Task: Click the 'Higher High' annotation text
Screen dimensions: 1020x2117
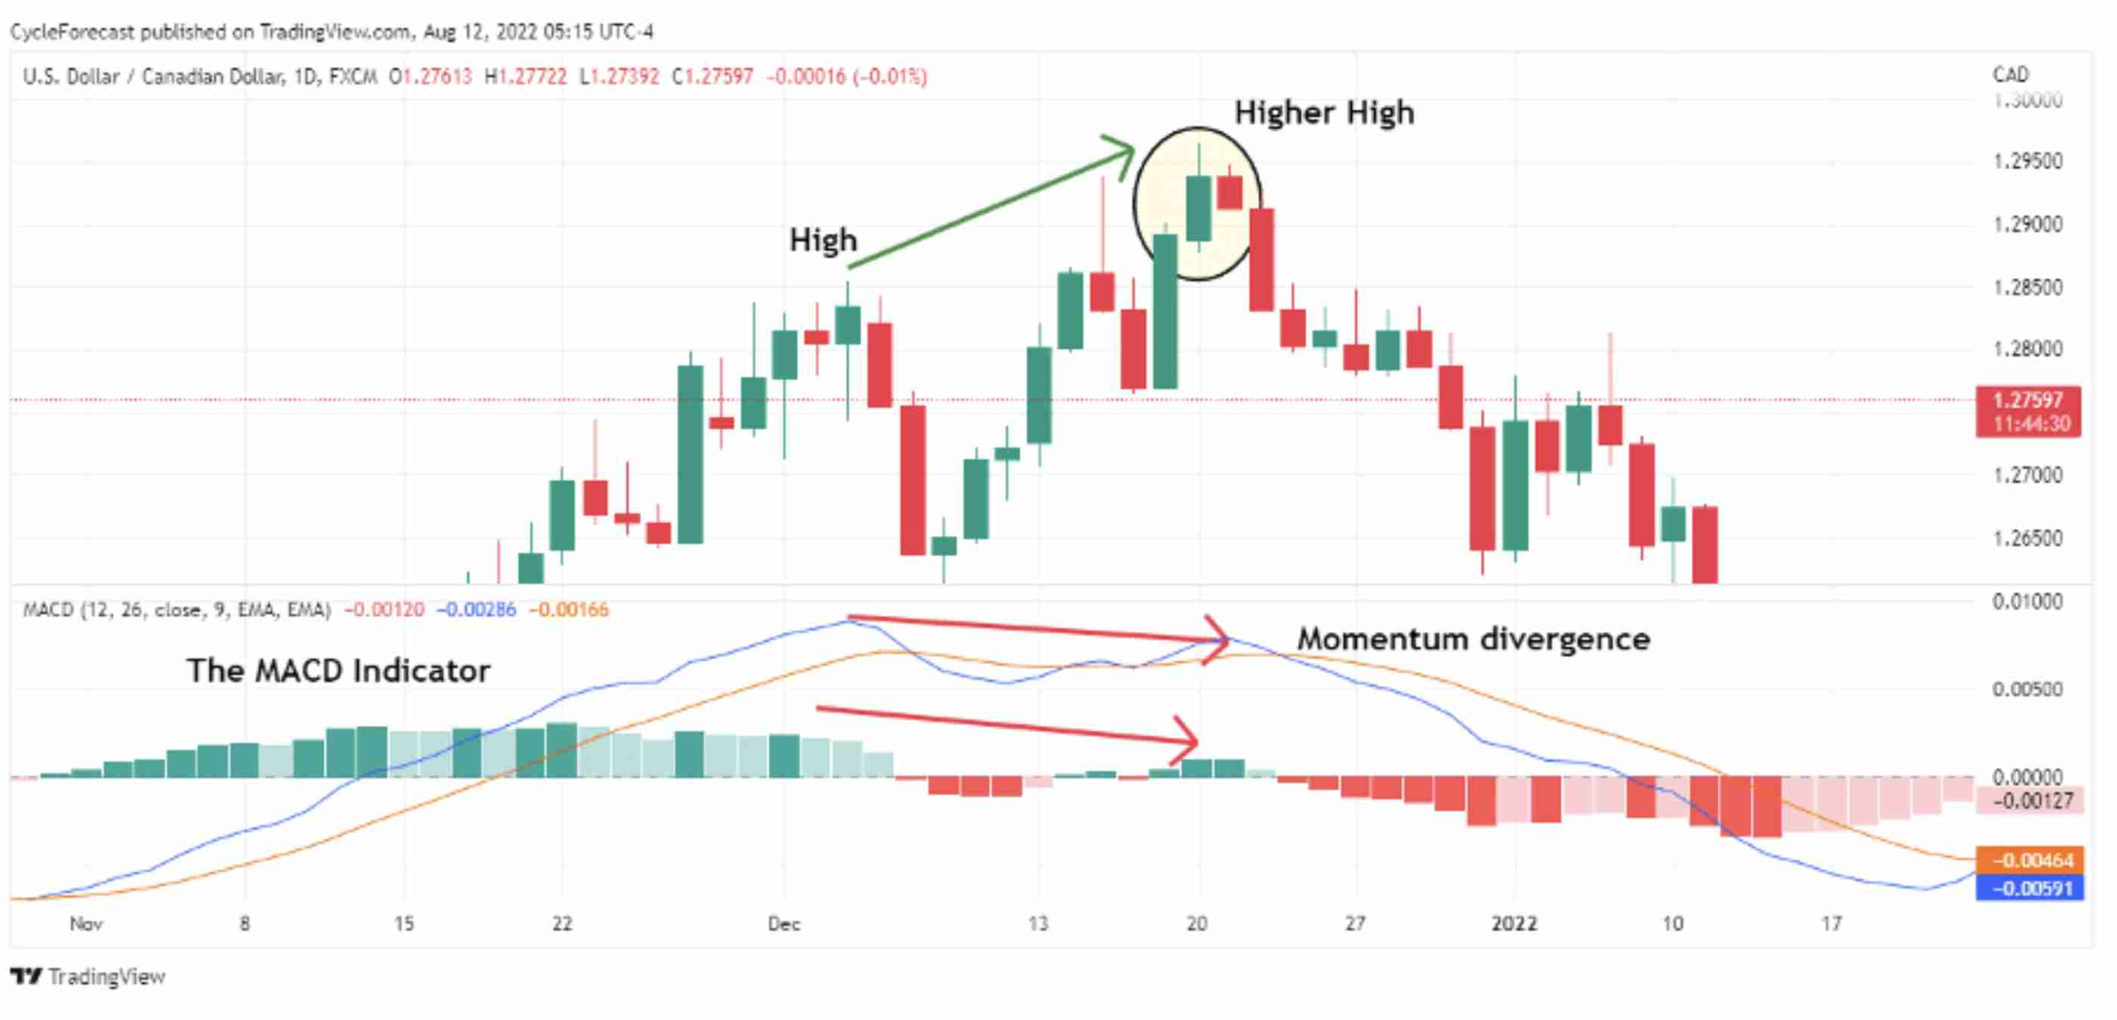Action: pos(1324,112)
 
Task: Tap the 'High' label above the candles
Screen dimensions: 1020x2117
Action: pos(822,240)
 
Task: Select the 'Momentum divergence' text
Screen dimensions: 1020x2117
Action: pos(1473,638)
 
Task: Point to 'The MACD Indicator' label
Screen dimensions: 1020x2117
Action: pos(338,671)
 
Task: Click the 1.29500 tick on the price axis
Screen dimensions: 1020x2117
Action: pos(2027,161)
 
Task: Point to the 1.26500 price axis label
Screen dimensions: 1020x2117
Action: pos(2027,539)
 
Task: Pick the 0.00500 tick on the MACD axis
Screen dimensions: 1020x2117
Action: pos(2027,689)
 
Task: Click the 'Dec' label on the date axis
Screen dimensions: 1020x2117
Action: pos(784,924)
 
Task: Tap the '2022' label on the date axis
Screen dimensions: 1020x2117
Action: pos(1513,924)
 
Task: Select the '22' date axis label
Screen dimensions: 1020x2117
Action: pos(562,924)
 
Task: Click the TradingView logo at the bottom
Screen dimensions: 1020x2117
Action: pos(88,976)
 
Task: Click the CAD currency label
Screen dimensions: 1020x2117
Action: pos(2010,75)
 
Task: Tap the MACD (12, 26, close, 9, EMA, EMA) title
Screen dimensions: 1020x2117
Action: pos(177,610)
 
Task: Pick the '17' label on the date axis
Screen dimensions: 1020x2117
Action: pos(1831,924)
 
